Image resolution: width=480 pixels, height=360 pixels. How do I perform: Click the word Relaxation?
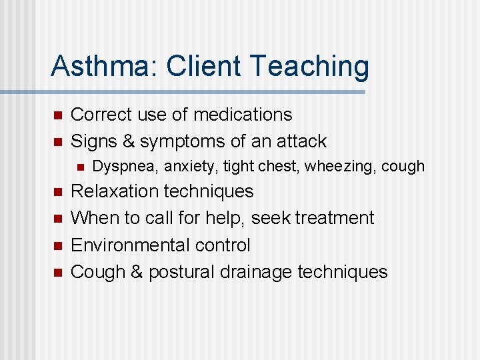[x=117, y=191]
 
